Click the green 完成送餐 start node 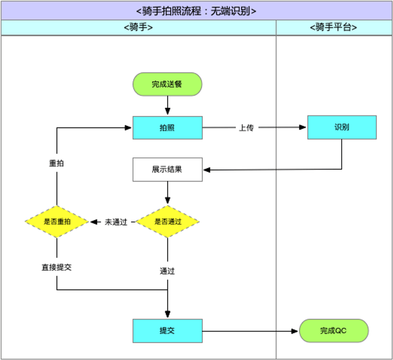(x=167, y=84)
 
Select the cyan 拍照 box (x=167, y=128)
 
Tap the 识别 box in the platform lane (x=342, y=127)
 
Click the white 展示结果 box (x=167, y=169)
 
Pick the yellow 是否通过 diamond (x=167, y=222)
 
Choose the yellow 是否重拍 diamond (x=57, y=222)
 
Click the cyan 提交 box (x=167, y=330)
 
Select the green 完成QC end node (x=334, y=330)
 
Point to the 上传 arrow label (x=246, y=128)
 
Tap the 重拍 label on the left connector (x=56, y=163)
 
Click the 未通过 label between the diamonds (x=116, y=222)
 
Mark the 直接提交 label (x=57, y=267)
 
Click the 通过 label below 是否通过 (x=167, y=271)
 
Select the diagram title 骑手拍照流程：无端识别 (x=196, y=11)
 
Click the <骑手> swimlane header (x=138, y=27)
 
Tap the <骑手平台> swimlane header (x=334, y=27)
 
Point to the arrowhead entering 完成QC (x=295, y=331)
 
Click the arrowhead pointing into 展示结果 (x=207, y=170)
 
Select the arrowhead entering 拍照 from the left (x=128, y=128)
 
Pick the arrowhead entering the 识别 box (x=303, y=128)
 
